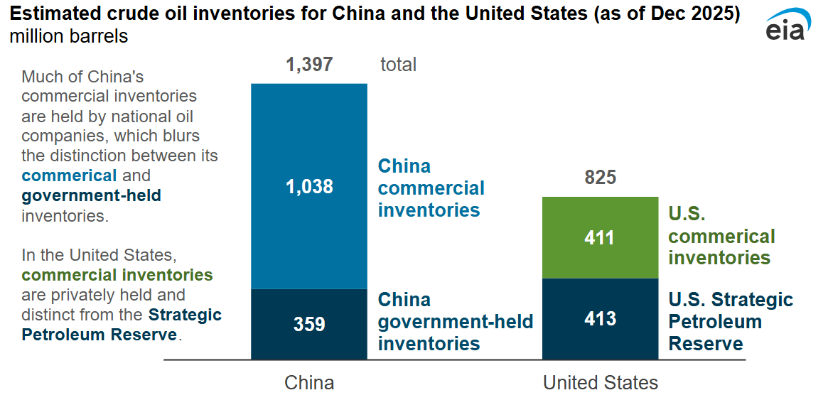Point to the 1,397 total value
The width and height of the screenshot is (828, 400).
click(x=309, y=65)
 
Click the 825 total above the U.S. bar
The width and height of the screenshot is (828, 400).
click(x=601, y=178)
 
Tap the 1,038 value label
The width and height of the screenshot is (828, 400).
click(x=309, y=187)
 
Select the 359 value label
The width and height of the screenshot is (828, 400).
click(x=309, y=324)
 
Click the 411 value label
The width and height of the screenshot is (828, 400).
click(x=599, y=237)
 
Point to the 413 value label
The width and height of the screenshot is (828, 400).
click(x=601, y=318)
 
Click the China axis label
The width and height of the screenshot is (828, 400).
click(x=309, y=383)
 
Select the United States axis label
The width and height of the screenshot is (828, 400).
click(x=601, y=383)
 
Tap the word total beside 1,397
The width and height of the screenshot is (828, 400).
click(x=398, y=65)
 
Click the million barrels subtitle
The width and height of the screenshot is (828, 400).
click(x=69, y=36)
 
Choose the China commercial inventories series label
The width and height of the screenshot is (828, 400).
click(x=431, y=188)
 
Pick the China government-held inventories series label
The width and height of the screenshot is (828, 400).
click(x=455, y=322)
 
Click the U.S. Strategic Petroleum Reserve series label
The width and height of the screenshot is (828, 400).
click(x=731, y=322)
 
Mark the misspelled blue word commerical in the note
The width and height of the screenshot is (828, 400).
click(x=69, y=175)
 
